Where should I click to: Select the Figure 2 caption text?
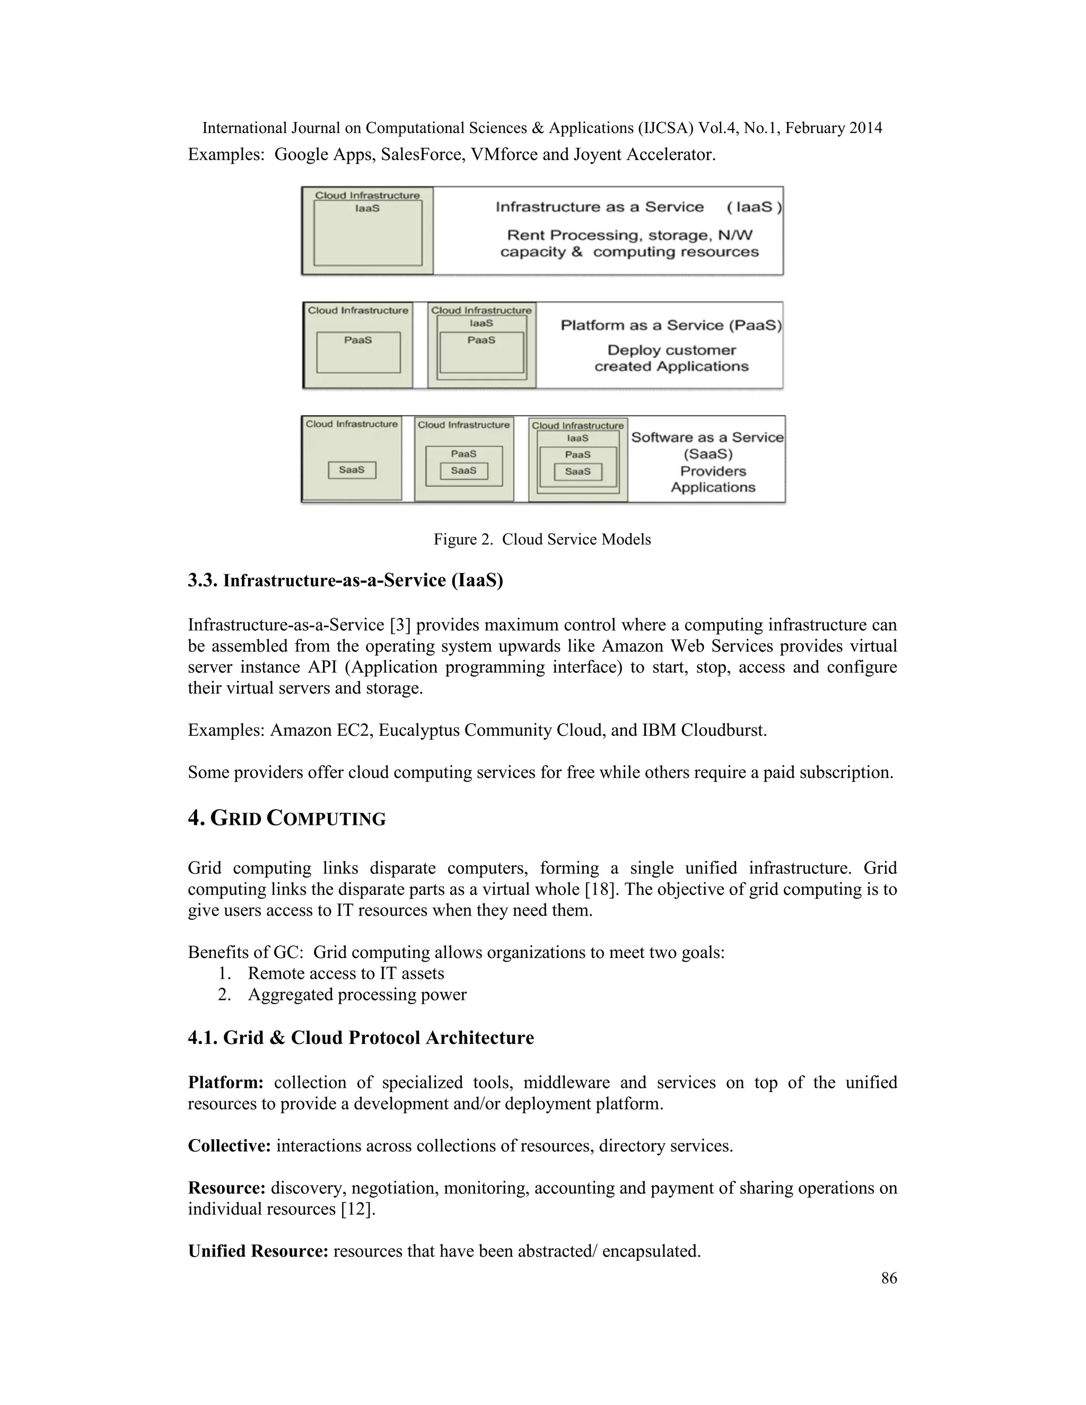[x=542, y=539]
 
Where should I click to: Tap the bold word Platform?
[x=225, y=1083]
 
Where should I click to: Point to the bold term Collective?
[x=229, y=1146]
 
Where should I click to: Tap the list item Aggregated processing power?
[x=357, y=995]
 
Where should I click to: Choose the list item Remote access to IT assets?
[x=346, y=973]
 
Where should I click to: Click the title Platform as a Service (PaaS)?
[x=670, y=326]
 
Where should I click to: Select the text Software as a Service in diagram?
[x=707, y=437]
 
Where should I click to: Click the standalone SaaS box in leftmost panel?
[x=352, y=470]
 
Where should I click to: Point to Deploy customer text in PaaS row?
[x=671, y=350]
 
